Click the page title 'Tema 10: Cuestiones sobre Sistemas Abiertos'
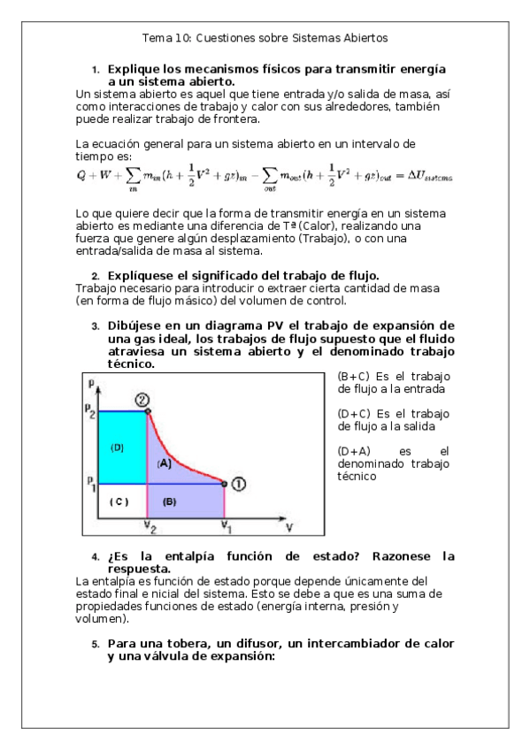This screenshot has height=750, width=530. coord(265,38)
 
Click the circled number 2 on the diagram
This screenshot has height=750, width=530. coord(141,400)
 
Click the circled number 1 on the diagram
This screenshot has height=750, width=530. coord(238,483)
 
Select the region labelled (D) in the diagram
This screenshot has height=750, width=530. coord(117,447)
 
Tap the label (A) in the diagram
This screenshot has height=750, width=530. coord(164,463)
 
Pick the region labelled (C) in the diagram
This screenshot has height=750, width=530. coord(119,501)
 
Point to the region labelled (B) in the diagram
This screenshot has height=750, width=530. coord(170,501)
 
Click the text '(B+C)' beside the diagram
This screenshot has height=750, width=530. coord(354,376)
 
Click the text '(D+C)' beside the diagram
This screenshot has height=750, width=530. coord(354,413)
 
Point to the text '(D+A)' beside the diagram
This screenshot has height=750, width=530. coord(354,451)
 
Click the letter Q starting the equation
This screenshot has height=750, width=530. coord(81,175)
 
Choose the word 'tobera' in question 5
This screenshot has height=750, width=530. coord(184,643)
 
